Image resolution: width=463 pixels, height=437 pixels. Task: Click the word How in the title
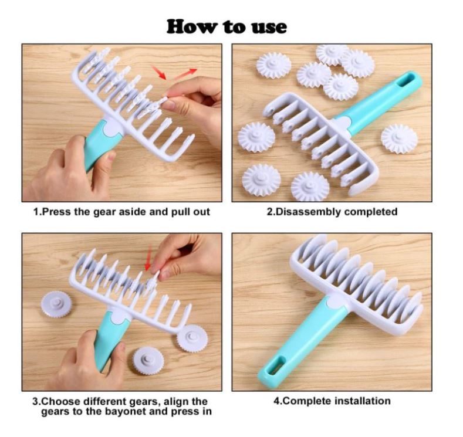click(x=191, y=27)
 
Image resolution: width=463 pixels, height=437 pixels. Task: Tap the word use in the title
click(x=269, y=28)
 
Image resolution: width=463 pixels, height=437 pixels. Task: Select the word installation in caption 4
click(x=363, y=401)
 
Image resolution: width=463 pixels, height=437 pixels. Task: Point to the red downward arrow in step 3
click(x=148, y=259)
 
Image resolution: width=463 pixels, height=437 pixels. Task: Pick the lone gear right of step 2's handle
click(x=399, y=139)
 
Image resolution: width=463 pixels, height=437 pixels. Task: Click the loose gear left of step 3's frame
click(x=56, y=304)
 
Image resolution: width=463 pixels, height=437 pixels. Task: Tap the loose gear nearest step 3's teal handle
click(x=148, y=361)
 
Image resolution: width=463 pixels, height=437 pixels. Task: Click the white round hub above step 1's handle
click(x=113, y=128)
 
